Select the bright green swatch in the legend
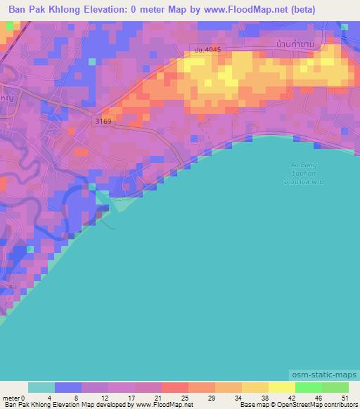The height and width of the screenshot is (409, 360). tap(308, 387)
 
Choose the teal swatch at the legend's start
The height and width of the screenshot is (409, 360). tap(41, 387)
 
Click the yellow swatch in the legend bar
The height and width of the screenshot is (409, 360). tap(281, 387)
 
